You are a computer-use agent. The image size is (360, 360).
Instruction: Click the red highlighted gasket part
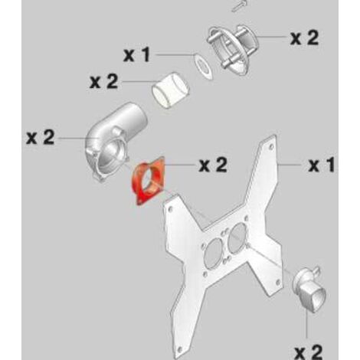139,194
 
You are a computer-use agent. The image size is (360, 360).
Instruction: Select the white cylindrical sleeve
171,90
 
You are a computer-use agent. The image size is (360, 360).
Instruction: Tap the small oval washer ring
203,66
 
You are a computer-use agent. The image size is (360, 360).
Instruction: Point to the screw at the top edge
240,6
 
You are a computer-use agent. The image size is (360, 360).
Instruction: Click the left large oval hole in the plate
214,253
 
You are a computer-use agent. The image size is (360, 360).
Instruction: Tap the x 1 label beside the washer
136,55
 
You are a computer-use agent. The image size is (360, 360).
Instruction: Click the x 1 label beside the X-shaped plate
321,165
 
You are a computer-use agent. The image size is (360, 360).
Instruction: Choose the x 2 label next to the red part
213,165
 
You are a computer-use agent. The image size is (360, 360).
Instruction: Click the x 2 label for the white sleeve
104,81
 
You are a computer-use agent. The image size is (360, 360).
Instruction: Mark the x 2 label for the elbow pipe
41,137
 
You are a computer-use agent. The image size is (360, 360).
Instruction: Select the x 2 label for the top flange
305,38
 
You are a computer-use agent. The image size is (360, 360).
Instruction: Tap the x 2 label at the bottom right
309,352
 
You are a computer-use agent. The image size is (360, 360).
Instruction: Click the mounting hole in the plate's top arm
271,146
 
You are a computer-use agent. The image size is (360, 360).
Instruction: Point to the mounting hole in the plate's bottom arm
179,349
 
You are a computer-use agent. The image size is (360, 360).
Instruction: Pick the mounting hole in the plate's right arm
278,282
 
